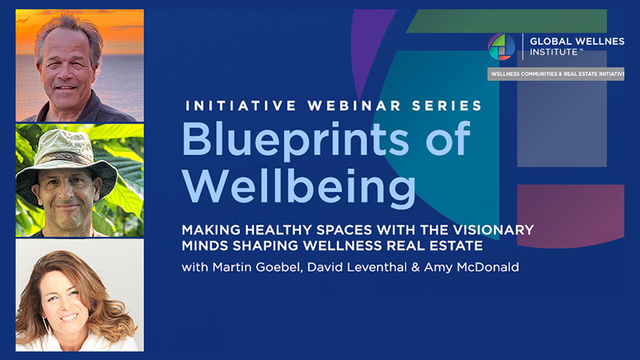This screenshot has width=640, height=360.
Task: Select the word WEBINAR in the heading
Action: [354, 106]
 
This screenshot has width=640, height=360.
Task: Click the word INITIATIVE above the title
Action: [241, 106]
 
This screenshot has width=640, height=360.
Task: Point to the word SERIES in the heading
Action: [447, 106]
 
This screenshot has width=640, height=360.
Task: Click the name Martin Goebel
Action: [257, 268]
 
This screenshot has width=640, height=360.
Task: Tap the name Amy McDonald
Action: [471, 268]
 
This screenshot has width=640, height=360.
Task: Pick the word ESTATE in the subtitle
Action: [457, 245]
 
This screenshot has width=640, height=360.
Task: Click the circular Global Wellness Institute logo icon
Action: [501, 47]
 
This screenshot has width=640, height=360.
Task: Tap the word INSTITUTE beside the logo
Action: [553, 52]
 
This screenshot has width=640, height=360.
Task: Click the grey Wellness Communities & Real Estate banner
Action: [555, 74]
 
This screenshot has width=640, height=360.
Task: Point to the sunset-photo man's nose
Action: [67, 73]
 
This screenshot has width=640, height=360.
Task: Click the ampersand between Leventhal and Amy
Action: [415, 268]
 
